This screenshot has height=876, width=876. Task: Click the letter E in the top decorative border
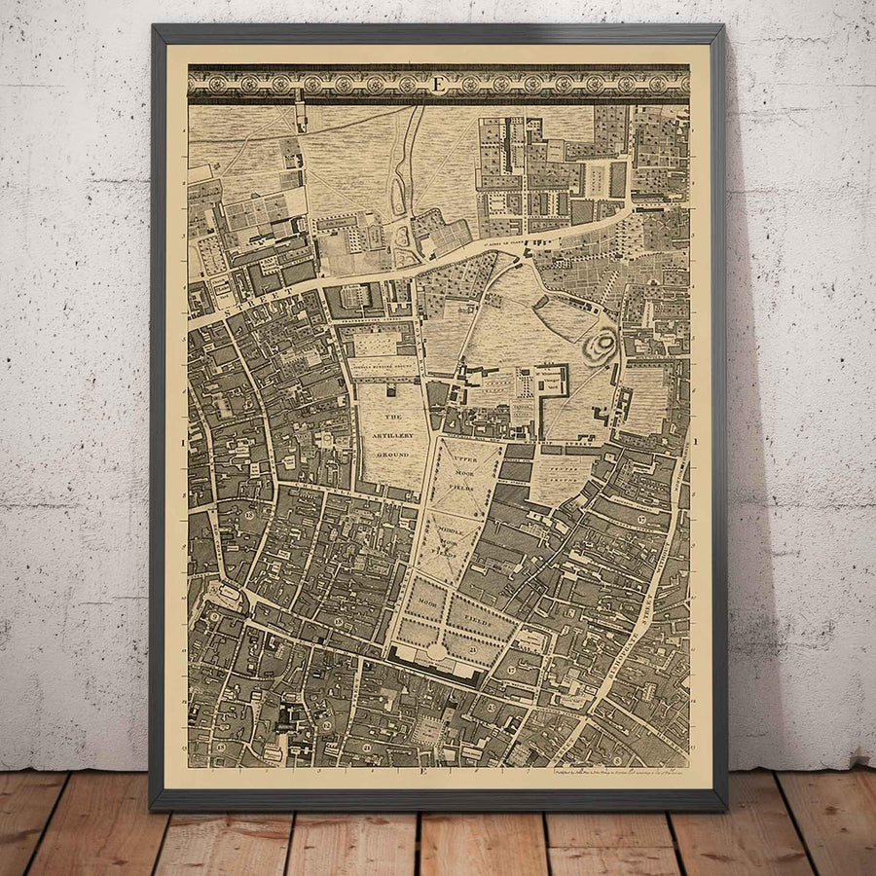click(438, 85)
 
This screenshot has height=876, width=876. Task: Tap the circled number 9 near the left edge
click(213, 617)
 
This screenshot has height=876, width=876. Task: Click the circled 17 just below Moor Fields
click(513, 672)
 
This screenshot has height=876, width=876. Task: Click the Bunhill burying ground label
click(379, 371)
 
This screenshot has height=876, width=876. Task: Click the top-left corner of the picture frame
click(153, 26)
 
